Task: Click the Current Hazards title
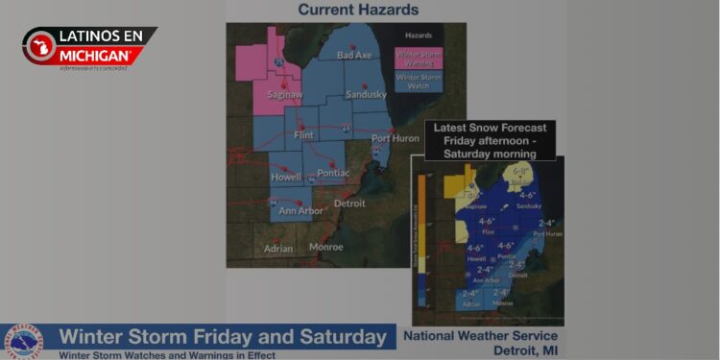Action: pyautogui.click(x=358, y=11)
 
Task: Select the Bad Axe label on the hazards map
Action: pyautogui.click(x=353, y=56)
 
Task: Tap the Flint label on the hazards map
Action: pyautogui.click(x=304, y=135)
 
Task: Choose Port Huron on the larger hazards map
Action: pyautogui.click(x=395, y=140)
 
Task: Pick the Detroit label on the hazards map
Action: pyautogui.click(x=348, y=204)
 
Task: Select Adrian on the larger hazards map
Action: pyautogui.click(x=278, y=248)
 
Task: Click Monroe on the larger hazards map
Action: pyautogui.click(x=326, y=247)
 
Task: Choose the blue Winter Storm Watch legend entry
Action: pyautogui.click(x=419, y=81)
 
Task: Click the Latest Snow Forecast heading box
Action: pyautogui.click(x=490, y=140)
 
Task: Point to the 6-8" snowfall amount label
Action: pyautogui.click(x=520, y=172)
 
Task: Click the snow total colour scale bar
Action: pyautogui.click(x=420, y=240)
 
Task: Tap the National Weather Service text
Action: pyautogui.click(x=480, y=336)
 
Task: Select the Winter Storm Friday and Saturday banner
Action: pyautogui.click(x=224, y=337)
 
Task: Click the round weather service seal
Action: pyautogui.click(x=23, y=342)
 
